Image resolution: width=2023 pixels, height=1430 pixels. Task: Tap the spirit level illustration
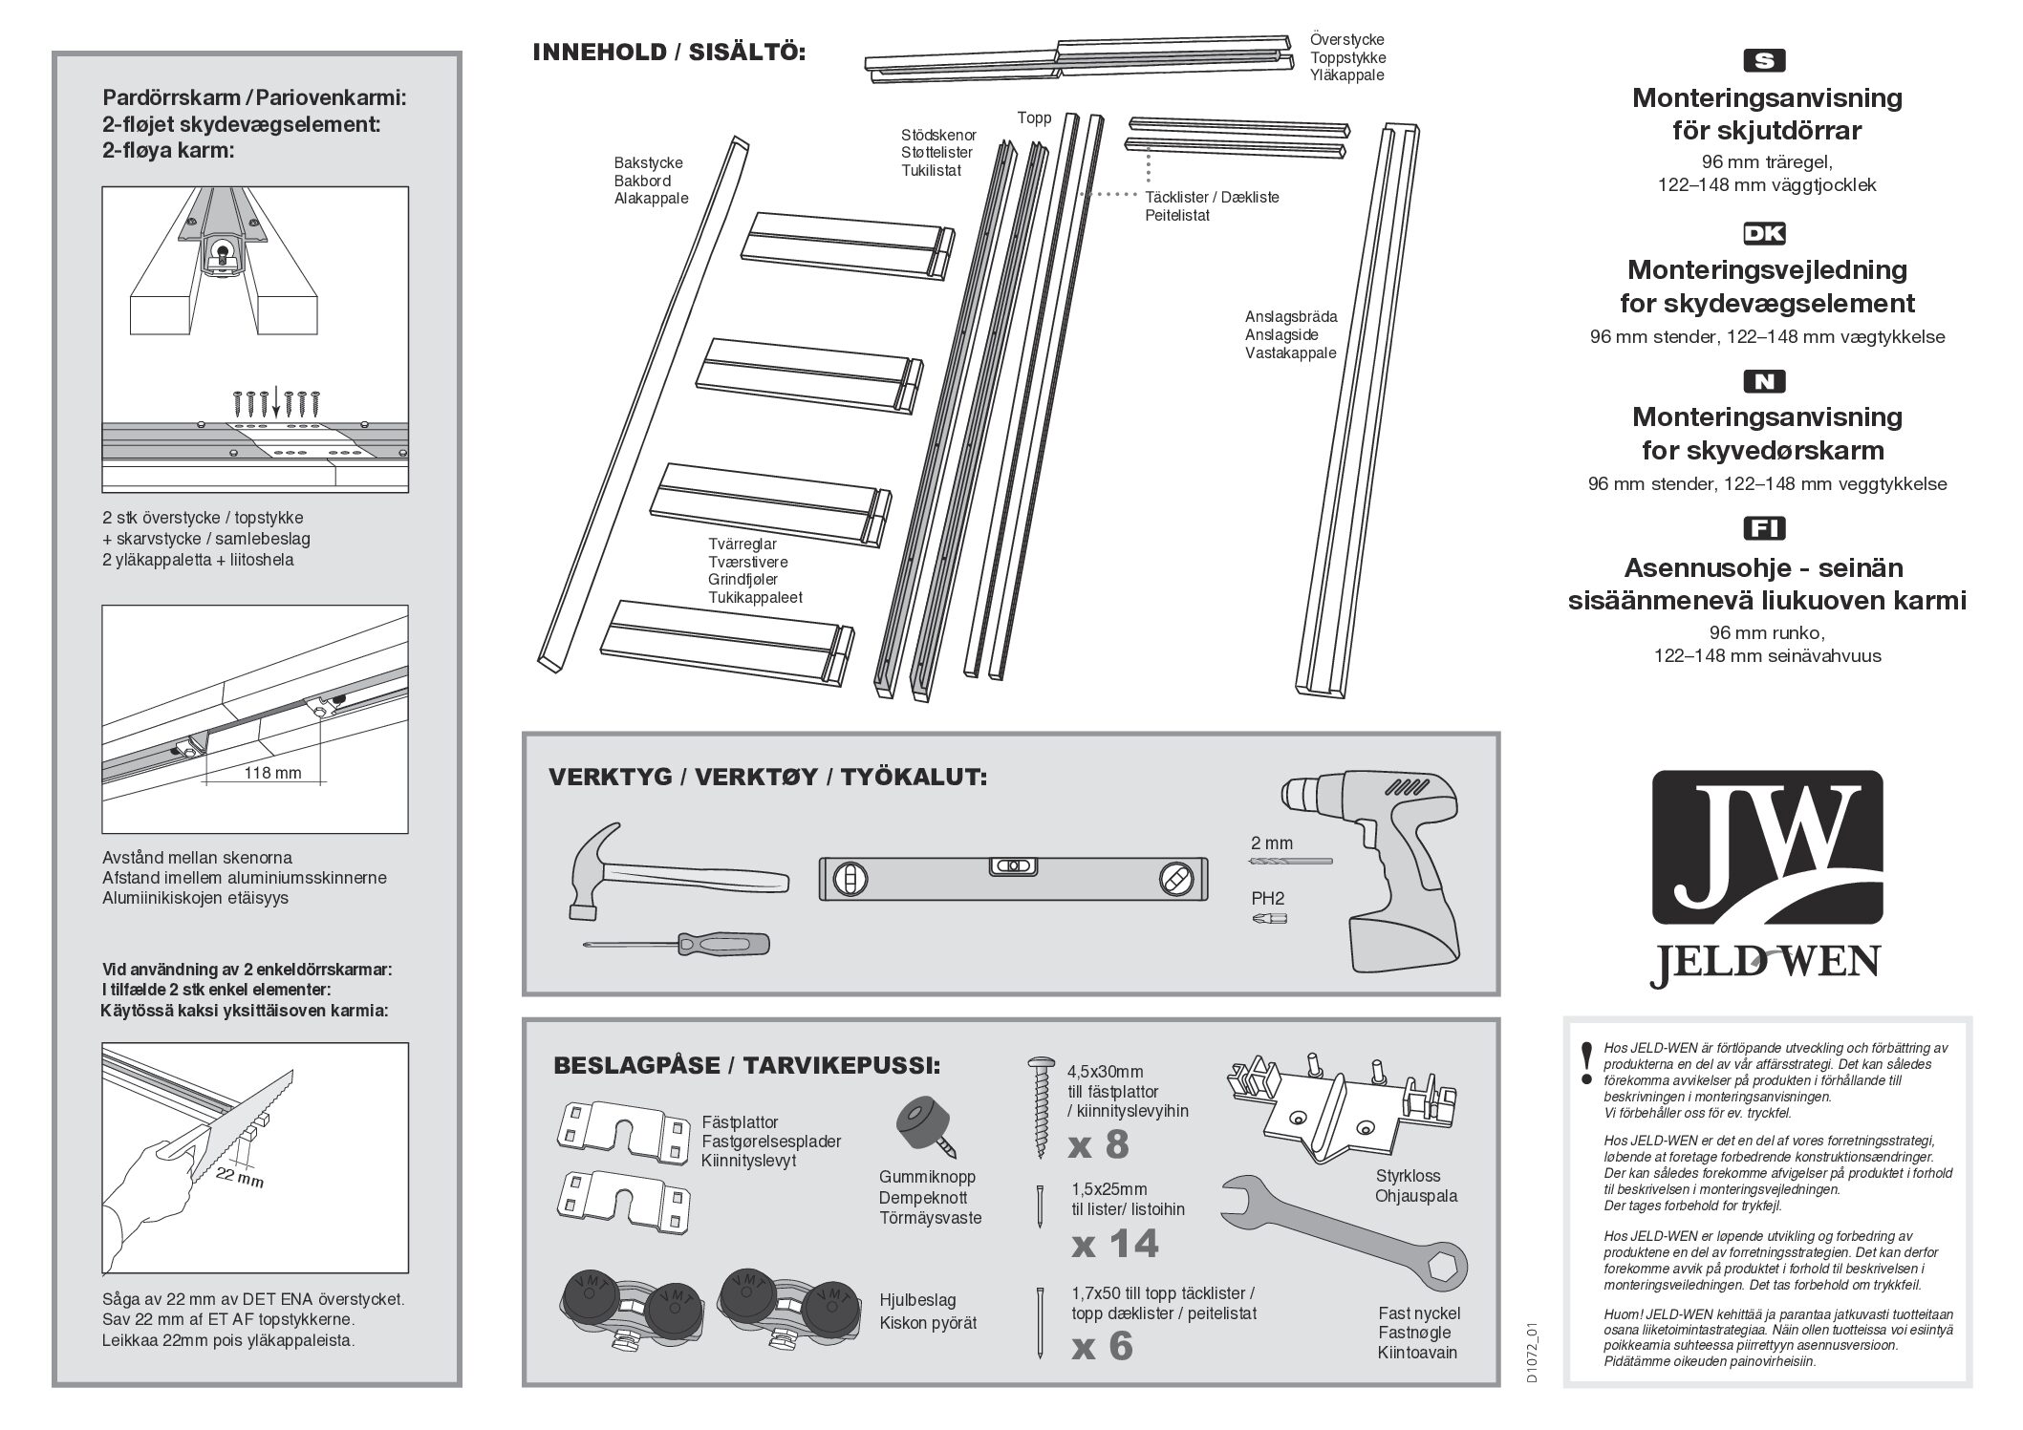(1014, 878)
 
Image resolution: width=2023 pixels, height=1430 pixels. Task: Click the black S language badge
(1764, 61)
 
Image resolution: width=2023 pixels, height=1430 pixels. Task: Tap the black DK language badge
(1764, 234)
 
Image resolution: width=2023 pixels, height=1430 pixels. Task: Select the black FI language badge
(1764, 528)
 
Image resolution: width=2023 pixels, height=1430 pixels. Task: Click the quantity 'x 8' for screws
(1100, 1143)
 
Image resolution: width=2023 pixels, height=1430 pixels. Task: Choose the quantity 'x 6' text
(1102, 1346)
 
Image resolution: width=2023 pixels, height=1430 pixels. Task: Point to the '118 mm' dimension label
(273, 772)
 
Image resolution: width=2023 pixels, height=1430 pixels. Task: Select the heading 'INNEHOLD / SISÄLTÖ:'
(669, 53)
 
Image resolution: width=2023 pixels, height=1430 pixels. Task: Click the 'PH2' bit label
(1268, 899)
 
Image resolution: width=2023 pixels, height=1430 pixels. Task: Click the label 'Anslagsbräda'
(1290, 317)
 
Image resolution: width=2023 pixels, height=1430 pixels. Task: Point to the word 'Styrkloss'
(1408, 1176)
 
